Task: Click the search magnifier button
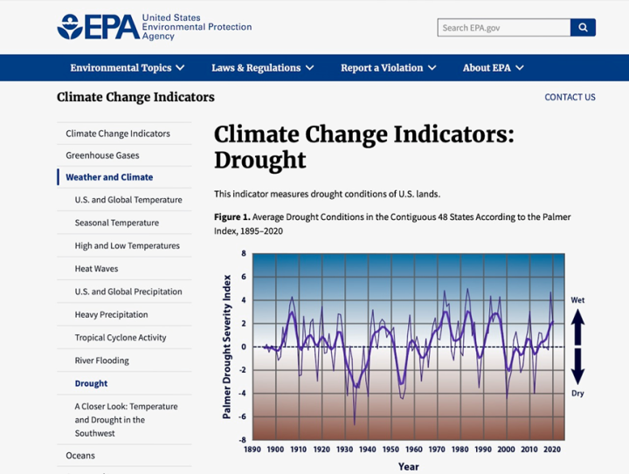pos(583,28)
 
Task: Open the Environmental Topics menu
pos(128,68)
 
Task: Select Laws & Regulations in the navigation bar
pos(263,68)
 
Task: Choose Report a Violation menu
pos(388,68)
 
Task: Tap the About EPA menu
pos(493,68)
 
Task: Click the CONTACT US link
pos(570,97)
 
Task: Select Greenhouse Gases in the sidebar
pos(102,155)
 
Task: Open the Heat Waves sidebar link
pos(96,269)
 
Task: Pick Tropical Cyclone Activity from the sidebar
pos(121,337)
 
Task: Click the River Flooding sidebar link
pos(101,361)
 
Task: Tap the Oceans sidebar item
pos(80,456)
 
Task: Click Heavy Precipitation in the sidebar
pos(112,314)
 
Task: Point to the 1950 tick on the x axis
pos(391,450)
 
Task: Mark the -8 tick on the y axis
pos(243,440)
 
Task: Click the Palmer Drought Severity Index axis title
pos(227,347)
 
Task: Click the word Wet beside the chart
pos(577,300)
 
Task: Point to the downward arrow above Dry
pos(577,370)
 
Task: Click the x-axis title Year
pos(408,466)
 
